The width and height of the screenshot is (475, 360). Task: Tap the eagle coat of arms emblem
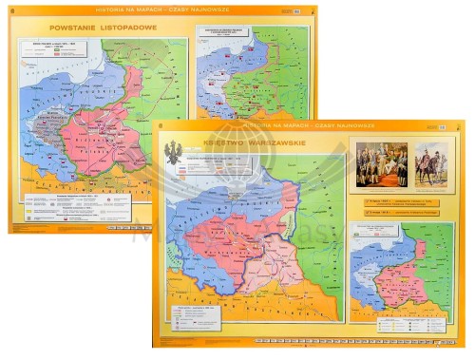[x=173, y=152]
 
